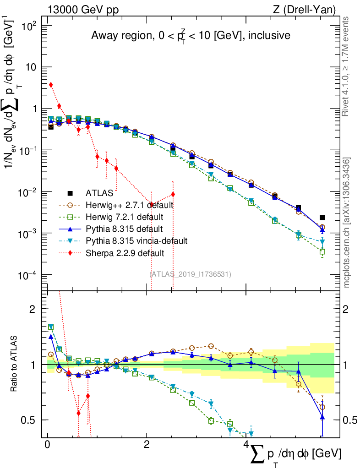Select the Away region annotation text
(191, 35)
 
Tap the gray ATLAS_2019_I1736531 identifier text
(191, 274)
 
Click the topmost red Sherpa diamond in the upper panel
(51, 85)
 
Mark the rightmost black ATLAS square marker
(322, 218)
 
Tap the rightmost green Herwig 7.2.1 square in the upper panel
(322, 252)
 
